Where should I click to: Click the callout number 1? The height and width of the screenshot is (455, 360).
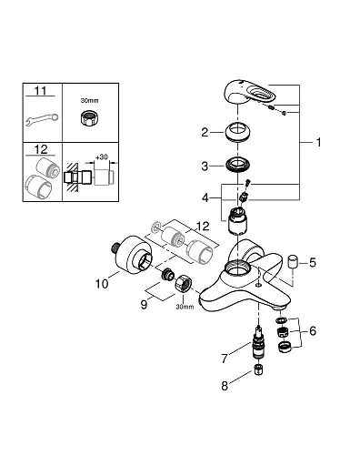click(318, 142)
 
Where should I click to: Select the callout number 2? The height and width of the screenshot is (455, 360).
click(205, 133)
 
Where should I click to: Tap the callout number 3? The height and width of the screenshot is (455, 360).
click(205, 167)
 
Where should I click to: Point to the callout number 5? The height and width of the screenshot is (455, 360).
click(313, 263)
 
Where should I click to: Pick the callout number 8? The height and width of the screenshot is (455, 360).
click(225, 386)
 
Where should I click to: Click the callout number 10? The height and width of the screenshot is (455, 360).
click(102, 284)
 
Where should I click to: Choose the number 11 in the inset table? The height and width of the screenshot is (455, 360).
click(41, 91)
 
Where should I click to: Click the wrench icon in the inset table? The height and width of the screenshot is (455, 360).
click(42, 119)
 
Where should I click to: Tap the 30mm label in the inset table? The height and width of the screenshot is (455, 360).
click(89, 100)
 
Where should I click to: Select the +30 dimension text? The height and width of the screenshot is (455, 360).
click(102, 157)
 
